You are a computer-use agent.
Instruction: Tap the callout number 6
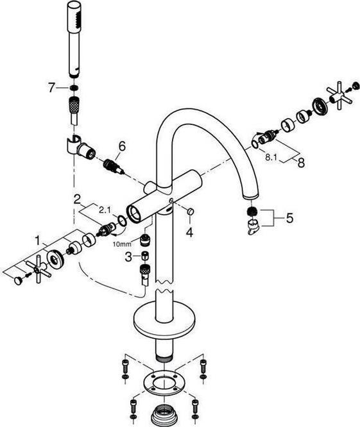pyautogui.click(x=122, y=147)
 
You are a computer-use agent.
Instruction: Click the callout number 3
pyautogui.click(x=128, y=257)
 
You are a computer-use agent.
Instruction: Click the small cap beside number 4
pyautogui.click(x=191, y=211)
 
